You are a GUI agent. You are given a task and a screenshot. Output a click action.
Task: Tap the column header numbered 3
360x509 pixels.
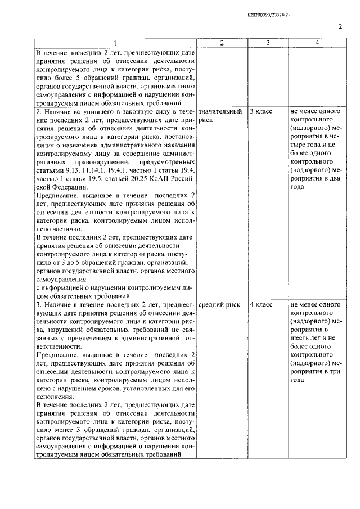coord(268,43)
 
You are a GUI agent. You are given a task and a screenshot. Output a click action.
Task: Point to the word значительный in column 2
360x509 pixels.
coord(220,112)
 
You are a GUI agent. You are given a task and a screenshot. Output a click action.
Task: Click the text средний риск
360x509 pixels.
coord(219,305)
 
